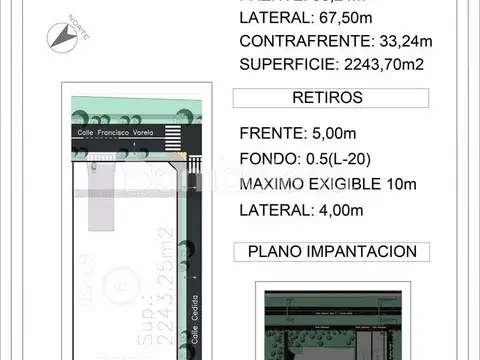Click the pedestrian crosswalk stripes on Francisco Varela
pyautogui.click(x=174, y=135)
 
